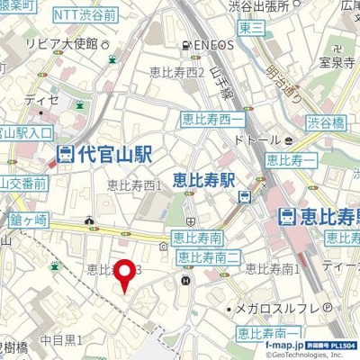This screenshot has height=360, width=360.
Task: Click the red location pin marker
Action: (124, 275)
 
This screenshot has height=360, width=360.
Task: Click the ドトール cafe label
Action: (256, 140)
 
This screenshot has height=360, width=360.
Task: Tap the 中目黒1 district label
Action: (60, 339)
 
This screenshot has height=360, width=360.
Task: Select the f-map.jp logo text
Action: (285, 344)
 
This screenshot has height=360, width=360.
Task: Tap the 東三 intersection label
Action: (252, 27)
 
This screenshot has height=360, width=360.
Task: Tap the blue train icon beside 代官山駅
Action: (65, 154)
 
